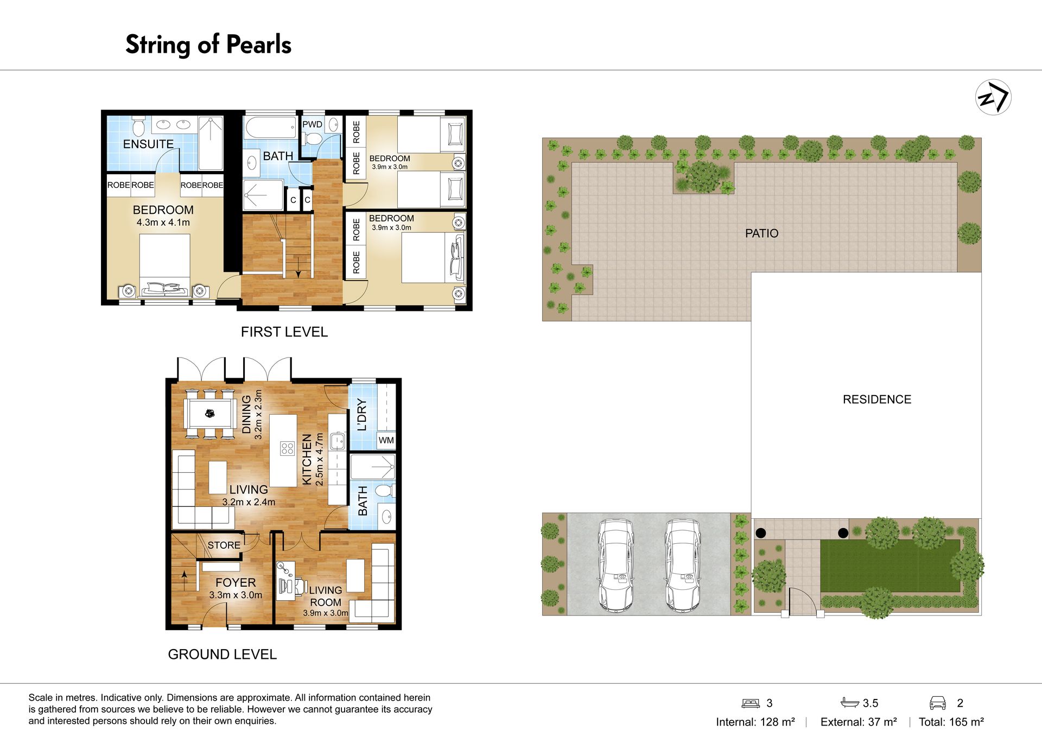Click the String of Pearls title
click(208, 45)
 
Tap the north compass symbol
click(993, 97)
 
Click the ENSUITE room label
click(148, 144)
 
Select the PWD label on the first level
click(312, 124)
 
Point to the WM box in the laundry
click(386, 440)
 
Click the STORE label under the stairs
click(224, 545)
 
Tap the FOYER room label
click(236, 582)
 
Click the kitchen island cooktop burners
click(287, 448)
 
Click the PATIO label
click(761, 233)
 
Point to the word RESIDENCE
click(877, 399)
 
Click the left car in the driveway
click(616, 565)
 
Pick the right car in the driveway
click(683, 565)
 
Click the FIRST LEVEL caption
click(284, 332)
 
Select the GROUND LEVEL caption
click(223, 655)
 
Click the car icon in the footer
click(937, 703)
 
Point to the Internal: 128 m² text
click(755, 722)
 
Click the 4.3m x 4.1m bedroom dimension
click(163, 223)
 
